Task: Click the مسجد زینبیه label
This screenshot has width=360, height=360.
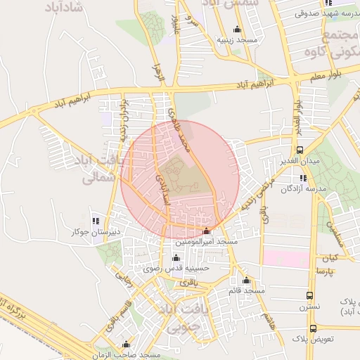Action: click(x=236, y=40)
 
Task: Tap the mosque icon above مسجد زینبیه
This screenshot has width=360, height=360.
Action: click(x=237, y=30)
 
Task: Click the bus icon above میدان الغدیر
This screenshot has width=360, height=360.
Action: click(x=300, y=150)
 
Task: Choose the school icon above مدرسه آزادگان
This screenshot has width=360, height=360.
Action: click(x=303, y=179)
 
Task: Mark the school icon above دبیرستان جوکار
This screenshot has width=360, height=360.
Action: click(x=96, y=221)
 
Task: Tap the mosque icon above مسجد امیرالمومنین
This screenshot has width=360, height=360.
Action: click(x=206, y=231)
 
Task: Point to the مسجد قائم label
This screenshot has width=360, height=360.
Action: click(x=246, y=290)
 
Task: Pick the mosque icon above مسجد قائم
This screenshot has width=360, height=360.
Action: click(x=247, y=280)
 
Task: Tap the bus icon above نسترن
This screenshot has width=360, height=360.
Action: click(x=310, y=296)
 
